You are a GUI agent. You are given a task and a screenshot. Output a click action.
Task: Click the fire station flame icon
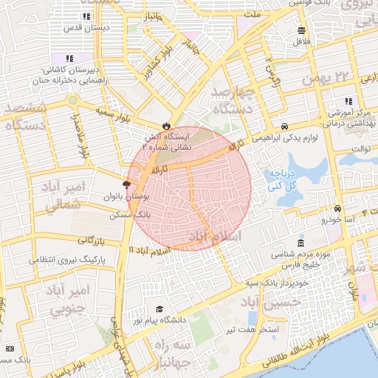click(166, 125)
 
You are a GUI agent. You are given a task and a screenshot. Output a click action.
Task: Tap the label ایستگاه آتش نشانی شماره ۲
click(166, 142)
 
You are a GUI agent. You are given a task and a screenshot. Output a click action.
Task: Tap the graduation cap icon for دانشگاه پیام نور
click(159, 309)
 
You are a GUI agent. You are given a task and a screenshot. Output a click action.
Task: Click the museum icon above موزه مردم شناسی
click(300, 243)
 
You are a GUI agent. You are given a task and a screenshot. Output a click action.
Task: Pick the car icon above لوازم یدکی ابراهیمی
click(285, 126)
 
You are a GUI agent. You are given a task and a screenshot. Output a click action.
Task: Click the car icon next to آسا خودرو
click(337, 208)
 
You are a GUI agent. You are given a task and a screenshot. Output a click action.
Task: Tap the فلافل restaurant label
click(301, 42)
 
